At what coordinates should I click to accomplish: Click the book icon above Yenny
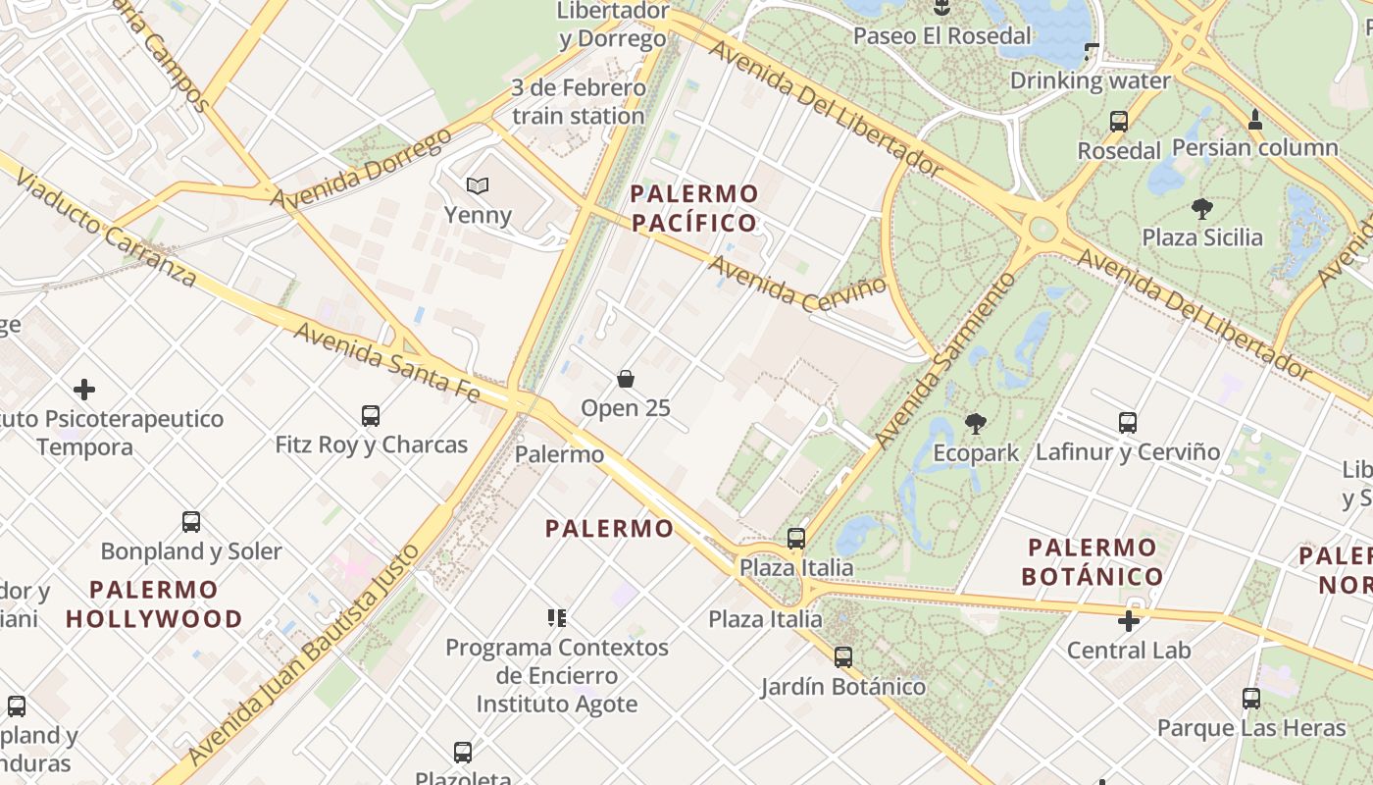478,185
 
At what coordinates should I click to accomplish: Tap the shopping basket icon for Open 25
626,379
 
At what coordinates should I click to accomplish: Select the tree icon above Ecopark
975,424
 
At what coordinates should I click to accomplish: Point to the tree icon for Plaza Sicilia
1201,208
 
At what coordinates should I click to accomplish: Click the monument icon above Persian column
1254,120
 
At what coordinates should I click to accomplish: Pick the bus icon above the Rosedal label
1119,122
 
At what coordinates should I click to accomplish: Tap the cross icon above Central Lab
1129,621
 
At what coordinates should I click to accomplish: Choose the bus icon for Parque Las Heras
1251,699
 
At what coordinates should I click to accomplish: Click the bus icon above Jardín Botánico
843,656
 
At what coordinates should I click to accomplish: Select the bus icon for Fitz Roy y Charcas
371,415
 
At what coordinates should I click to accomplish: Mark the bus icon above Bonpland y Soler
191,522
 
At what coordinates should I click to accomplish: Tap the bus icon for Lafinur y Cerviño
1128,423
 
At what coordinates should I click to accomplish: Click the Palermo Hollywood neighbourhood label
154,604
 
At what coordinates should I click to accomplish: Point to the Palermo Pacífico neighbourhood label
694,208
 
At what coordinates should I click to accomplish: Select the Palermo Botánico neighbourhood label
1093,561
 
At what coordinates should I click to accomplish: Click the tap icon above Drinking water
1092,50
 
